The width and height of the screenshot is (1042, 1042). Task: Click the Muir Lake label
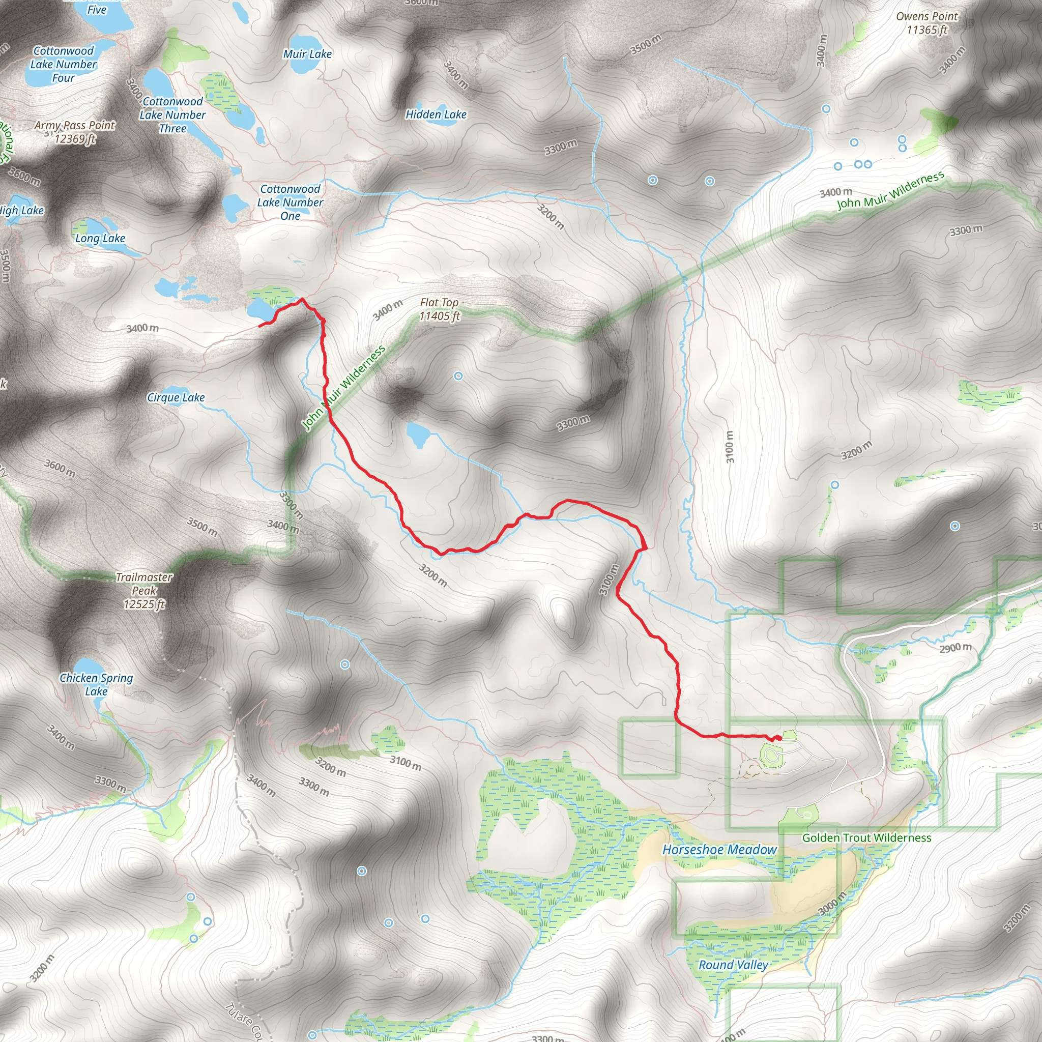pyautogui.click(x=307, y=54)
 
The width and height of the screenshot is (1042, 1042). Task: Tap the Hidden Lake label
pyautogui.click(x=436, y=114)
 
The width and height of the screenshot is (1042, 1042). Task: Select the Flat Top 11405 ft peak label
pyautogui.click(x=440, y=309)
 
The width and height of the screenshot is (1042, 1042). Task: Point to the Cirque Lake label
pyautogui.click(x=176, y=397)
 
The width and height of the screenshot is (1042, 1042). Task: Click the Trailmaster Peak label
pyautogui.click(x=144, y=591)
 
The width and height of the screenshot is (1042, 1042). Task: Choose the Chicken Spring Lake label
pyautogui.click(x=96, y=684)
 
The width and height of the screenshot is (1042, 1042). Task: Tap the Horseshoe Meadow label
pyautogui.click(x=719, y=850)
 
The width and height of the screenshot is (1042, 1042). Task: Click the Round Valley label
pyautogui.click(x=733, y=965)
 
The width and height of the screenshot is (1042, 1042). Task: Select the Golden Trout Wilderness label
pyautogui.click(x=866, y=837)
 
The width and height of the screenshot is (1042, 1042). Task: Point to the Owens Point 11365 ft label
pyautogui.click(x=927, y=23)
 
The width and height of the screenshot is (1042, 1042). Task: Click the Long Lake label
pyautogui.click(x=100, y=239)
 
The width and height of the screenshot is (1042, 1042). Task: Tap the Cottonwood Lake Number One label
pyautogui.click(x=290, y=202)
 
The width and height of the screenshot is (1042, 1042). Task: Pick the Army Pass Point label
pyautogui.click(x=75, y=132)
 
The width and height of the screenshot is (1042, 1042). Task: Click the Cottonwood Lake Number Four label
pyautogui.click(x=64, y=64)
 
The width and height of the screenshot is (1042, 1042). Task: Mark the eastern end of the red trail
pyautogui.click(x=779, y=737)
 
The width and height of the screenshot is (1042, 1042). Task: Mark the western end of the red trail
pyautogui.click(x=260, y=326)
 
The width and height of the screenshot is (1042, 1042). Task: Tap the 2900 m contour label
pyautogui.click(x=955, y=648)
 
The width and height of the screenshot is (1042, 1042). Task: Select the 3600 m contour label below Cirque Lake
pyautogui.click(x=60, y=468)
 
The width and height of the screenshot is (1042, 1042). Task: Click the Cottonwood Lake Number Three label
pyautogui.click(x=172, y=115)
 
